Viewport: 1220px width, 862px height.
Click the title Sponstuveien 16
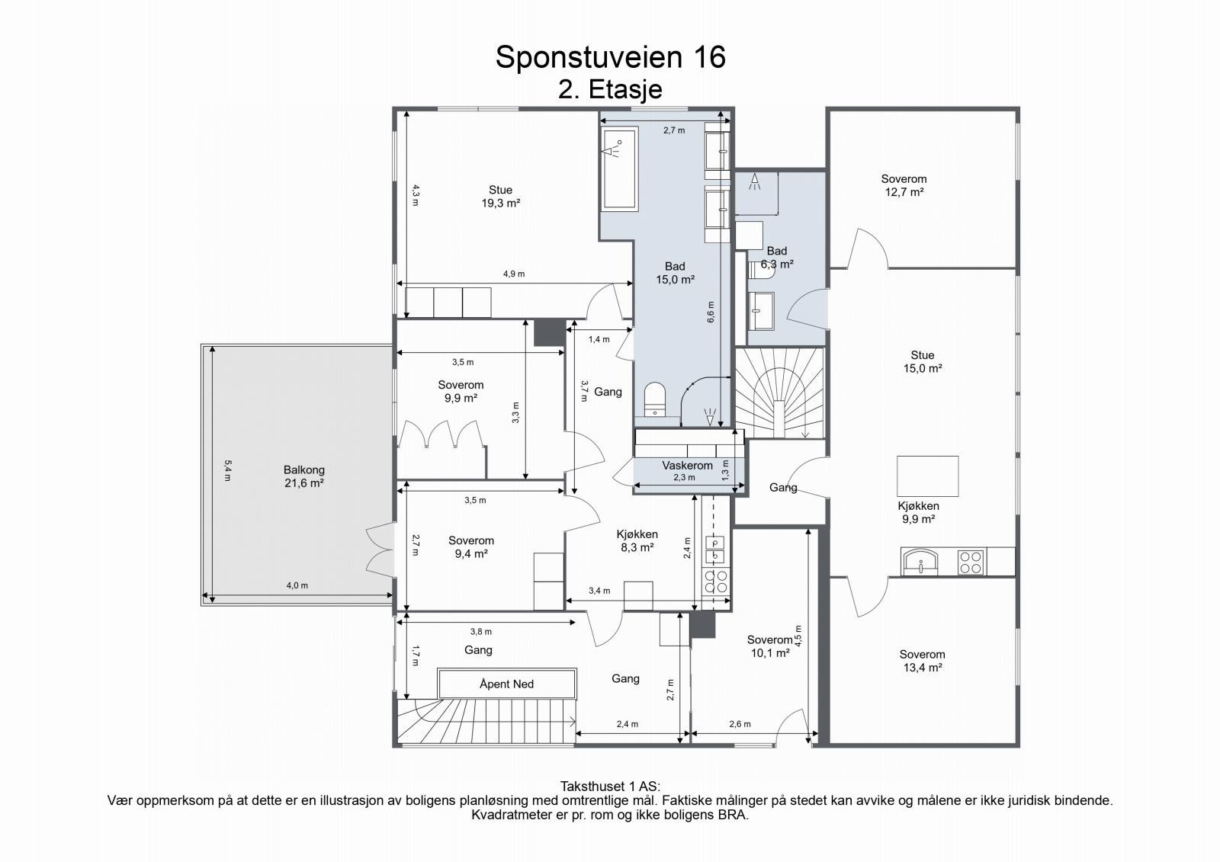pyautogui.click(x=610, y=57)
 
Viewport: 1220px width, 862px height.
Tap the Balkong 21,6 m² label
pyautogui.click(x=304, y=476)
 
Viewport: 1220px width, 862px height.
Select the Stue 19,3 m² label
pyautogui.click(x=500, y=197)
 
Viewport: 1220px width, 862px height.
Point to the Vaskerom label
pyautogui.click(x=687, y=466)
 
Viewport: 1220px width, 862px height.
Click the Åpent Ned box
pyautogui.click(x=506, y=684)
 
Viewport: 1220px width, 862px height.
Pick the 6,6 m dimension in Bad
pyautogui.click(x=711, y=312)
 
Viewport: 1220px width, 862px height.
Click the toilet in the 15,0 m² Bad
pyautogui.click(x=655, y=399)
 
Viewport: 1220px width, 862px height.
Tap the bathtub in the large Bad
pyautogui.click(x=620, y=168)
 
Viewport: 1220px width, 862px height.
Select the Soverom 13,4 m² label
pyautogui.click(x=922, y=661)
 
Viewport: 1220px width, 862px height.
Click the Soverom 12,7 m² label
pyautogui.click(x=904, y=185)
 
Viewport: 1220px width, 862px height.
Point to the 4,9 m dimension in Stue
pyautogui.click(x=514, y=274)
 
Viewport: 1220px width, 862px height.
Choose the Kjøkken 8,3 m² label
pyautogui.click(x=637, y=540)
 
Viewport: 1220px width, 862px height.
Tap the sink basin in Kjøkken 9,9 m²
pyautogui.click(x=920, y=562)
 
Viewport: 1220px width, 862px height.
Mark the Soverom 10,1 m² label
pyautogui.click(x=770, y=646)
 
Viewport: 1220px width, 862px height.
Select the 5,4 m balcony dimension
pyautogui.click(x=228, y=471)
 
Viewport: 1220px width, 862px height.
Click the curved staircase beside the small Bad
pyautogui.click(x=780, y=393)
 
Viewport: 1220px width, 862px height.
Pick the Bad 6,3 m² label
pyautogui.click(x=777, y=258)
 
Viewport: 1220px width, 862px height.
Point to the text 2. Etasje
pyautogui.click(x=610, y=89)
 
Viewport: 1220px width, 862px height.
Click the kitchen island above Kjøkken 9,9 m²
pyautogui.click(x=927, y=476)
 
